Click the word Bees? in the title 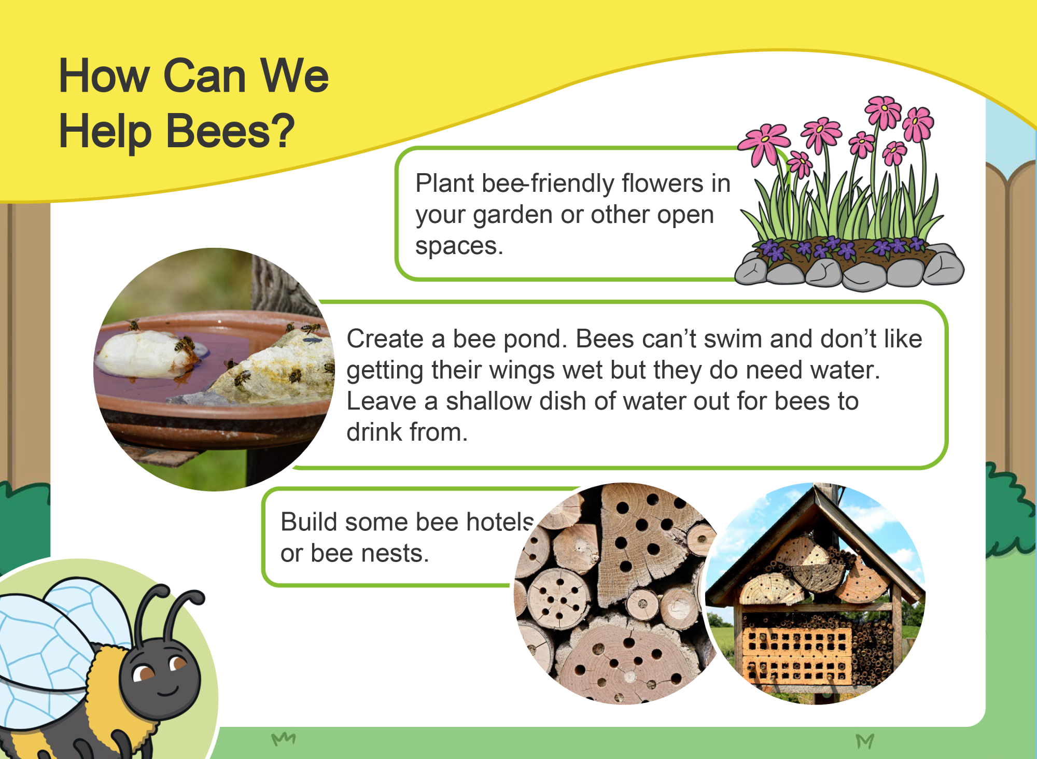coord(230,131)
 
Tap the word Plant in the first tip coord(445,183)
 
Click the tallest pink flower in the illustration coord(883,112)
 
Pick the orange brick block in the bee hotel coord(796,655)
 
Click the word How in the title coord(104,76)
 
